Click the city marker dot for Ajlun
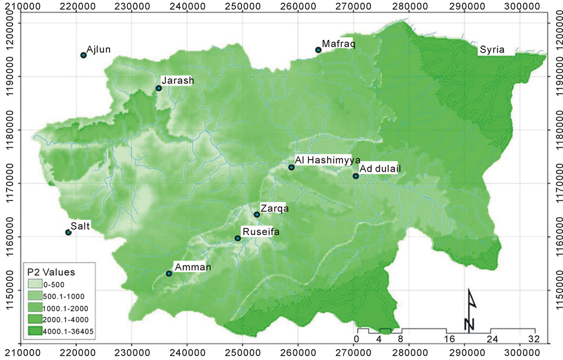click(84, 55)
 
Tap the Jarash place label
click(178, 81)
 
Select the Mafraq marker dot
click(318, 50)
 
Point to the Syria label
click(492, 50)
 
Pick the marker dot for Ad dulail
click(356, 176)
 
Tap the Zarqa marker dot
click(257, 214)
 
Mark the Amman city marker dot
click(169, 273)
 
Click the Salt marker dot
click(68, 232)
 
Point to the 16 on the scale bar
click(446, 338)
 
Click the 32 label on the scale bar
click(534, 338)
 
